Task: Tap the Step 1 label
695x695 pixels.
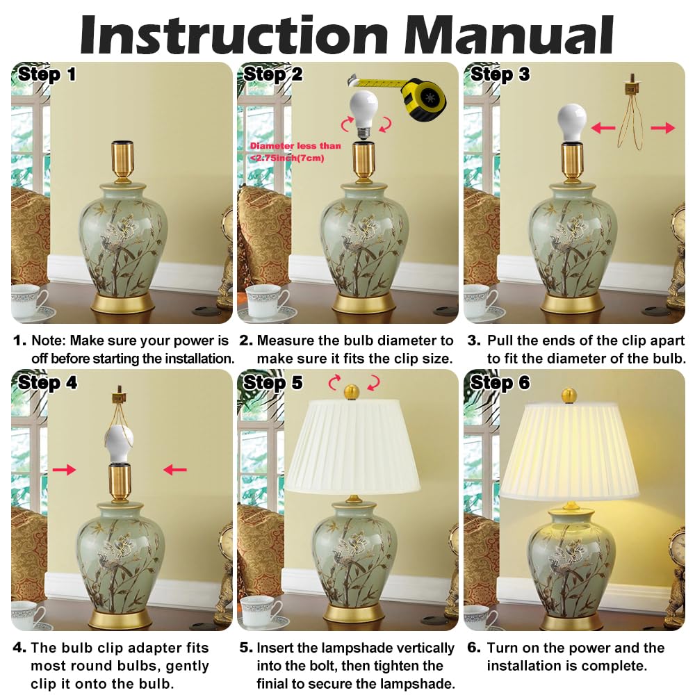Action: coord(47,74)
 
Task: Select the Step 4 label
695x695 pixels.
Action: coord(47,382)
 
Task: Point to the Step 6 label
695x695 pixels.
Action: coord(500,382)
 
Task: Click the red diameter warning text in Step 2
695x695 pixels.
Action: coord(296,152)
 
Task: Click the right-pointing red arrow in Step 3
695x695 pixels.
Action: coord(663,128)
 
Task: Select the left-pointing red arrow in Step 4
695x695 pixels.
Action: coord(175,471)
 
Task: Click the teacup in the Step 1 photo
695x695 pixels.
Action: coord(28,302)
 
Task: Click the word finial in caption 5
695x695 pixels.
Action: coord(277,684)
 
